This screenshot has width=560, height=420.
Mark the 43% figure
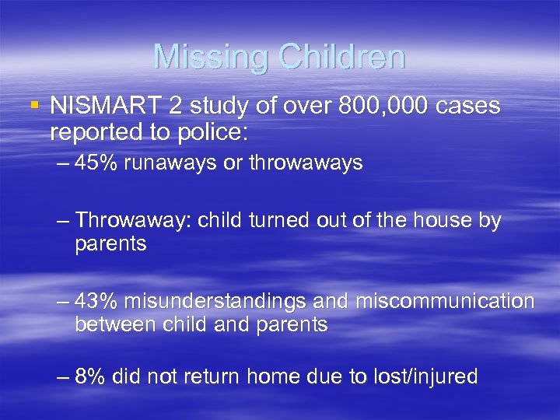pos(96,301)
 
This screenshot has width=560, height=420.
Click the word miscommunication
pos(445,301)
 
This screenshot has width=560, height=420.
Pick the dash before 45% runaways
pos(63,164)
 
